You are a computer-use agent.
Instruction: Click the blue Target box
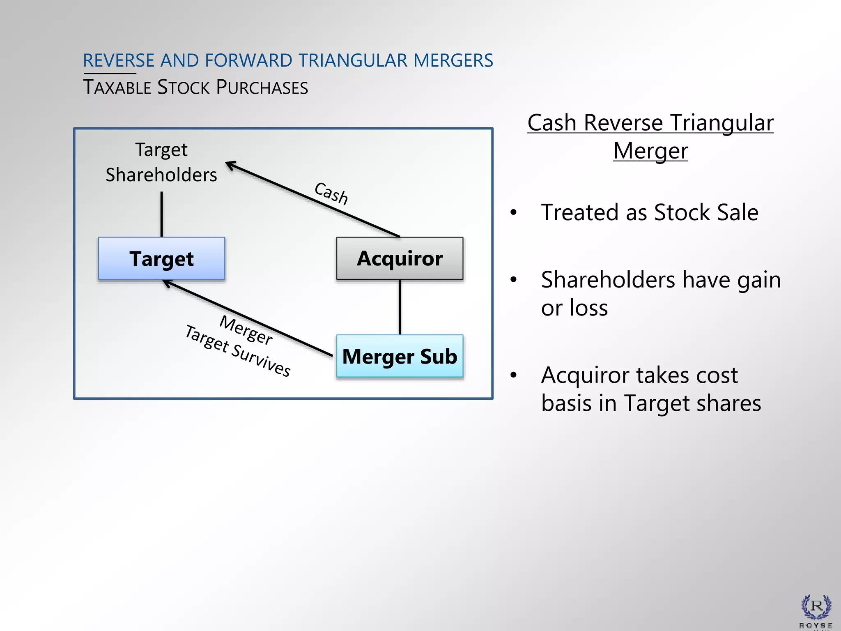[161, 258]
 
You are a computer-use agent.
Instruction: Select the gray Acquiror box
[400, 258]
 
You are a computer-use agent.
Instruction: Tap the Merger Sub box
[400, 356]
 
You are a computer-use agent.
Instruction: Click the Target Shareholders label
[161, 162]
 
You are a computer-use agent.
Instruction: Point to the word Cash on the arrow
[331, 193]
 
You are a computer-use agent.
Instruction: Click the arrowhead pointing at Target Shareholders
[230, 164]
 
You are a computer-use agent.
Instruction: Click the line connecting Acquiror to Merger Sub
[400, 307]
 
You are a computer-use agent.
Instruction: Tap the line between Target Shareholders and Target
[162, 214]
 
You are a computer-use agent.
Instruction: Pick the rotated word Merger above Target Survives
[246, 330]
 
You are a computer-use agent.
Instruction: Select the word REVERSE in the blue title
[118, 60]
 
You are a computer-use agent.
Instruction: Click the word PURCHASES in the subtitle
[262, 88]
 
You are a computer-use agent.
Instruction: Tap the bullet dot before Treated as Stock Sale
[513, 212]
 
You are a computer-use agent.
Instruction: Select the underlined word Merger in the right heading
[650, 151]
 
